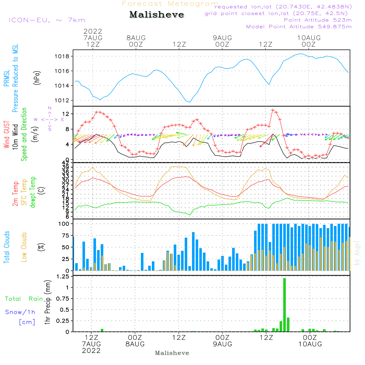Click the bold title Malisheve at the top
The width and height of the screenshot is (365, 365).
(157, 15)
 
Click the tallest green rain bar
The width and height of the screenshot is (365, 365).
(284, 305)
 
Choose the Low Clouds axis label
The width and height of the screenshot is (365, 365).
(24, 247)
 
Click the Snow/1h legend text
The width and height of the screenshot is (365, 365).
(20, 312)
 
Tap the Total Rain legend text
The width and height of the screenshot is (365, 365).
(24, 299)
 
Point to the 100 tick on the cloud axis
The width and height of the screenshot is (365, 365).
(64, 223)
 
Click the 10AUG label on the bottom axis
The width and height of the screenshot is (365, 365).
(310, 344)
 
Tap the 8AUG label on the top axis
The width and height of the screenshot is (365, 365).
(136, 38)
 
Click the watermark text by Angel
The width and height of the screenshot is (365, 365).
(357, 253)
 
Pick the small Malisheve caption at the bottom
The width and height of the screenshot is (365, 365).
(172, 353)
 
